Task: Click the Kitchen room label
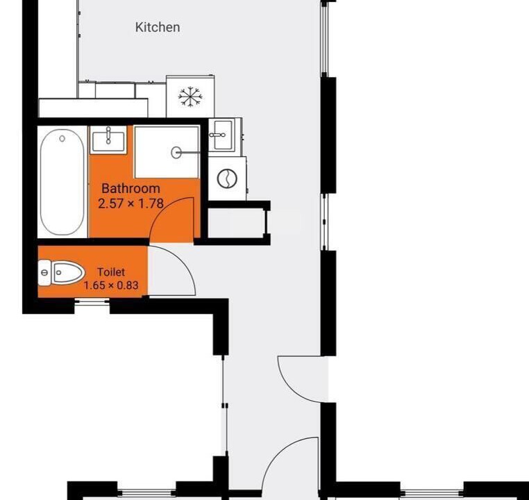[x=158, y=27]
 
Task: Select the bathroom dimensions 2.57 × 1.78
[x=131, y=203]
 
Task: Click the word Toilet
[x=111, y=272]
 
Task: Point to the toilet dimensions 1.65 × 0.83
[x=111, y=285]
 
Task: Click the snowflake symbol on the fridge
[x=190, y=97]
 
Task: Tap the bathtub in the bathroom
[x=62, y=182]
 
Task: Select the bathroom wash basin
[x=108, y=140]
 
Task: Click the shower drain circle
[x=176, y=153]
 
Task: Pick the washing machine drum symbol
[x=227, y=178]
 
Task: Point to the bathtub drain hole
[x=62, y=138]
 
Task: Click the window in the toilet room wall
[x=92, y=302]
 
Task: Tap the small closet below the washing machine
[x=236, y=223]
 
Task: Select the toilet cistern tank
[x=44, y=273]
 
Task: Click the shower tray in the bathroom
[x=167, y=152]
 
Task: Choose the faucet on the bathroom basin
[x=108, y=135]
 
